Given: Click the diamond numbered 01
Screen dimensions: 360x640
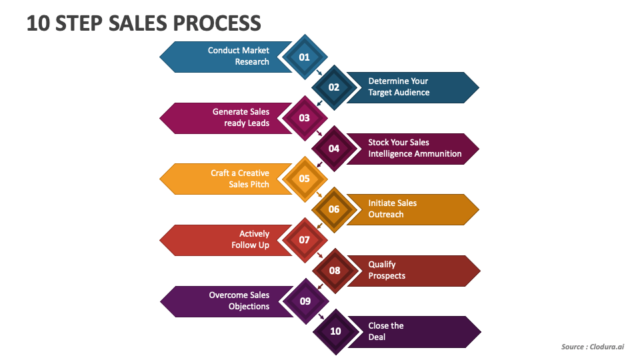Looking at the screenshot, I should click(304, 57).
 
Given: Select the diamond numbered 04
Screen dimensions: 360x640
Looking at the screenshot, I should click(334, 148).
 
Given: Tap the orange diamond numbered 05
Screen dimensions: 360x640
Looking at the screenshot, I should click(304, 179).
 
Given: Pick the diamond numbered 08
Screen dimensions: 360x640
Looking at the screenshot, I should click(335, 270).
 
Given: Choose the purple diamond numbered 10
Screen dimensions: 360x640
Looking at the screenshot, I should click(335, 331).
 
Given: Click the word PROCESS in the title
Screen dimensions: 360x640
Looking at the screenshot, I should click(217, 23).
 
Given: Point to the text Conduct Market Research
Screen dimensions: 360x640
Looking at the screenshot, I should click(239, 56).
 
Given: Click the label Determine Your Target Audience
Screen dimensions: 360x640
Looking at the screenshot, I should click(399, 87).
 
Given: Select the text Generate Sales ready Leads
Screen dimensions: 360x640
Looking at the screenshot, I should click(241, 117).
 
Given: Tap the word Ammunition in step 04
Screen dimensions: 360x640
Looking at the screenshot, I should click(438, 154).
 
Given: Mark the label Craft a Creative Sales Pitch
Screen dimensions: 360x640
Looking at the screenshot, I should click(240, 179).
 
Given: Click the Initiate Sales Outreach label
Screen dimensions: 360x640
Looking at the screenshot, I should click(392, 209).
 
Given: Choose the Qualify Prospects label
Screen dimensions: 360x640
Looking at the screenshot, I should click(387, 270).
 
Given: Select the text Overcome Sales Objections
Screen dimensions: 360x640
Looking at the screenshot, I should click(239, 301).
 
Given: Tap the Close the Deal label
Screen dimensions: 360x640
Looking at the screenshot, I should click(386, 331).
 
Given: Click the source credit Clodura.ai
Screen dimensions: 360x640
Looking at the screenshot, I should click(609, 347).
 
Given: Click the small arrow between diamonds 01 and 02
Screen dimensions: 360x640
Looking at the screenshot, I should click(319, 72).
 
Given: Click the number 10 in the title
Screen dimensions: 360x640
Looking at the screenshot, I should click(37, 23).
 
